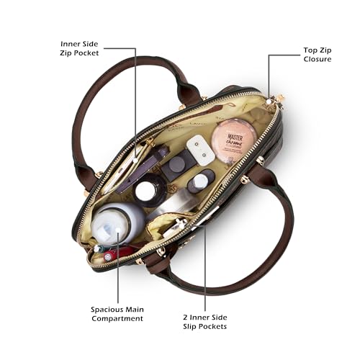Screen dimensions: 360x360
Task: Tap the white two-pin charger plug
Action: click(201, 150)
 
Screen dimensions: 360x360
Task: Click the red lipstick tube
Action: click(117, 254)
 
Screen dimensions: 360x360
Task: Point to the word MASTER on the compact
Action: click(235, 138)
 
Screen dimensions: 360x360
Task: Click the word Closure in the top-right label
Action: click(318, 59)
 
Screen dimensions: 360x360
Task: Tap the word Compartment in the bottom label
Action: click(117, 319)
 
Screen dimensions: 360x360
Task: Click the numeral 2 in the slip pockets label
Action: click(185, 318)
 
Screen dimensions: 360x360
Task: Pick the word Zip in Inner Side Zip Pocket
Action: click(66, 53)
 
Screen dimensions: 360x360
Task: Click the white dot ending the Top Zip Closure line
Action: click(269, 102)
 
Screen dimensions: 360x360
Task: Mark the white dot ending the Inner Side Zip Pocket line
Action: click(136, 161)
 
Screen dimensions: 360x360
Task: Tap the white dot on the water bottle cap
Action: click(118, 230)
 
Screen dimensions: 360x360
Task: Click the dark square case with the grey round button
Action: click(177, 163)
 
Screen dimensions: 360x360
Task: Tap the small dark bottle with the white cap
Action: click(200, 181)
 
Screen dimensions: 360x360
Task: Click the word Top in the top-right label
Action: click(310, 50)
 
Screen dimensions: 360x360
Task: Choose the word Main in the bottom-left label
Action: click(135, 310)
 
